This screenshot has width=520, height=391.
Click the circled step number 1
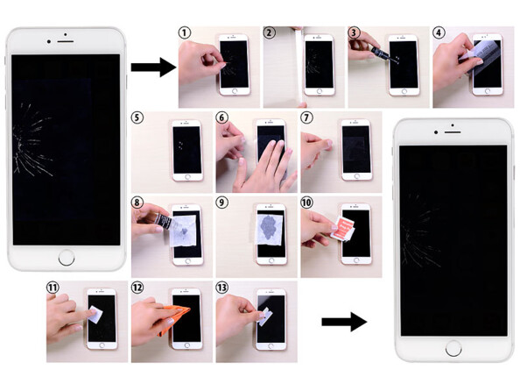pyautogui.click(x=185, y=32)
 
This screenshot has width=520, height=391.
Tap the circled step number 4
pyautogui.click(x=439, y=32)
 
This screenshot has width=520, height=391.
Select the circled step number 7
pyautogui.click(x=306, y=117)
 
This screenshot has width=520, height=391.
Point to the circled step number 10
pyautogui.click(x=306, y=203)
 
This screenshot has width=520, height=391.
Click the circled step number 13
pyautogui.click(x=222, y=287)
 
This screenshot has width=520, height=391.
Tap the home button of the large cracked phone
pyautogui.click(x=67, y=258)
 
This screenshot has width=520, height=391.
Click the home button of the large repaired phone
pyautogui.click(x=453, y=348)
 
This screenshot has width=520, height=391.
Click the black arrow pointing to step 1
pyautogui.click(x=153, y=68)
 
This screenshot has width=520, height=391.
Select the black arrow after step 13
pyautogui.click(x=344, y=322)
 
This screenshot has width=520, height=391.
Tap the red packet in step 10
pyautogui.click(x=343, y=228)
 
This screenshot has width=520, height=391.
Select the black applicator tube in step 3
pyautogui.click(x=381, y=53)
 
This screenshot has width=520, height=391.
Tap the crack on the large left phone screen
pyautogui.click(x=32, y=140)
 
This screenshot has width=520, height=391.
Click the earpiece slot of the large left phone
pyautogui.click(x=66, y=41)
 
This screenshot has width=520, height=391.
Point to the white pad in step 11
pyautogui.click(x=95, y=314)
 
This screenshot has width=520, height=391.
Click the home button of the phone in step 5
pyautogui.click(x=187, y=177)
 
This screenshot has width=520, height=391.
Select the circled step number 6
pyautogui.click(x=222, y=117)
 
